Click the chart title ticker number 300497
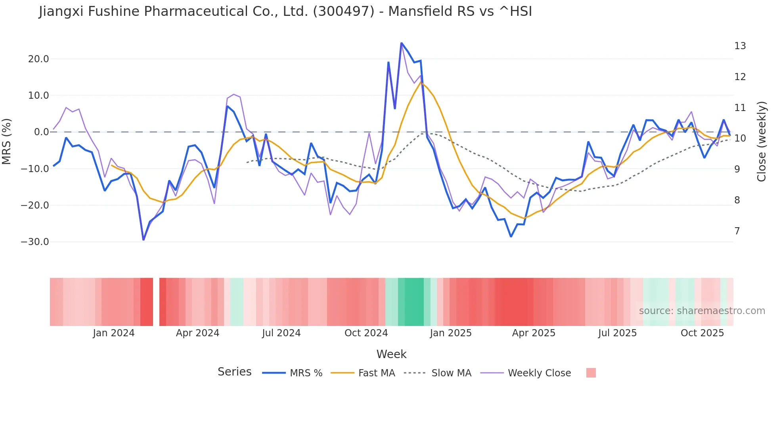pos(343,11)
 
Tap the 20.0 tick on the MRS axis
pos(38,59)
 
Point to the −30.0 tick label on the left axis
pos(35,242)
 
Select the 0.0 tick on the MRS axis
pos(41,132)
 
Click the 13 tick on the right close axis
pos(740,46)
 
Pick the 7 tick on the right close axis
pos(737,231)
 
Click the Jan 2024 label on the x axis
pos(114,333)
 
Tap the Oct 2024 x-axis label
pos(366,333)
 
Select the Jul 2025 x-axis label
pos(617,333)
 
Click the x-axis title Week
pos(391,354)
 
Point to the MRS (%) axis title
pos(7,141)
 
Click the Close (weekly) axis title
pos(761,141)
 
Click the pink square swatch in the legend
pos(591,373)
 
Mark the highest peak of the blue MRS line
pos(401,43)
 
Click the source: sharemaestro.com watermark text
pos(702,311)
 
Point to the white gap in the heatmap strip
pos(156,302)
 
